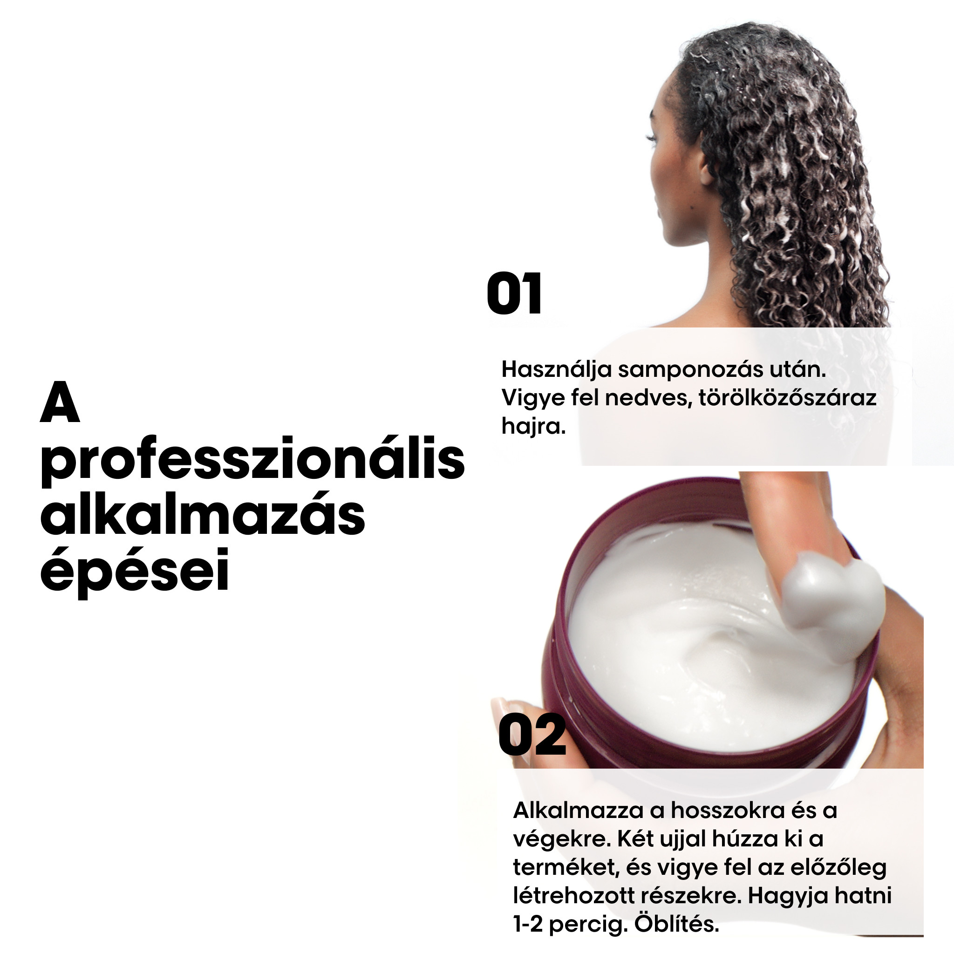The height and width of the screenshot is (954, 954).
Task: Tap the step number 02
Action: (x=532, y=736)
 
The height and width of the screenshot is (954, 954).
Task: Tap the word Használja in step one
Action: (x=557, y=370)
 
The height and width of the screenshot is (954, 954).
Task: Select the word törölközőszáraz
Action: (x=787, y=398)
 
